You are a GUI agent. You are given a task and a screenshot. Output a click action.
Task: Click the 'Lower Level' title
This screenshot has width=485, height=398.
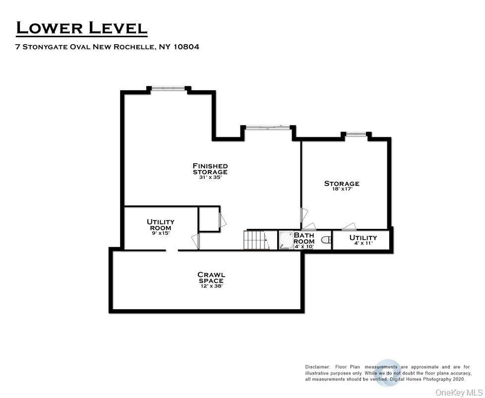[82, 28]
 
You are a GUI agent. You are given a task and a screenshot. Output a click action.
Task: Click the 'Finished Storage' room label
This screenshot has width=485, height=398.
[210, 169]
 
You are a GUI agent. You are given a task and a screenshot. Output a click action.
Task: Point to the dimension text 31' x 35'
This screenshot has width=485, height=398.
[210, 177]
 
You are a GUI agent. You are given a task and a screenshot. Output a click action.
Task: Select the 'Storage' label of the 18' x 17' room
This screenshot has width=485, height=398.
[342, 183]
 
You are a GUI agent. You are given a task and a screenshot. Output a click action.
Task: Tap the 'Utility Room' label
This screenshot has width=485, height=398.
[160, 225]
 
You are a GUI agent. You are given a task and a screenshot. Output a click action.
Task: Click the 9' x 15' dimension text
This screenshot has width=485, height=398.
[160, 233]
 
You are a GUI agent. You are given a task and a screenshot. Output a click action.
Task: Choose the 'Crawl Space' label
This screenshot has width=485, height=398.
[211, 278]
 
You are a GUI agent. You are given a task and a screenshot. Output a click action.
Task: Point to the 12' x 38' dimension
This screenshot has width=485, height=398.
[211, 286]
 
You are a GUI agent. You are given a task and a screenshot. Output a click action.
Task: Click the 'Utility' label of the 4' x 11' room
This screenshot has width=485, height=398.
[364, 237]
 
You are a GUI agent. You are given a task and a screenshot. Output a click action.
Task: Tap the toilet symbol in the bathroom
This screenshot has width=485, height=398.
[326, 240]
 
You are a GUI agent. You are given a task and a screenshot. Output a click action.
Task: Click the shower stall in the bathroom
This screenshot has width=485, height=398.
[286, 240]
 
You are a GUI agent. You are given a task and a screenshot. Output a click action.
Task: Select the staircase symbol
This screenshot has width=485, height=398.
[256, 240]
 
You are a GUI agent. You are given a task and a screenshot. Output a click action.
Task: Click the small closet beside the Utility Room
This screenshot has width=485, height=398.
[209, 219]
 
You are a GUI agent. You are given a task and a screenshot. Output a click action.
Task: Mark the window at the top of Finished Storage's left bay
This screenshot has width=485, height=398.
[168, 88]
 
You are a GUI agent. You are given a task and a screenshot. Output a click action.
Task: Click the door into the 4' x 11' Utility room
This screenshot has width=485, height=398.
[349, 227]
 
